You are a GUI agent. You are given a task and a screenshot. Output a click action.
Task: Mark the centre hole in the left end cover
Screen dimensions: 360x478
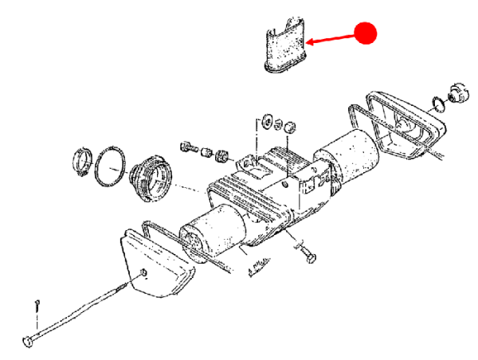tap(144, 274)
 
